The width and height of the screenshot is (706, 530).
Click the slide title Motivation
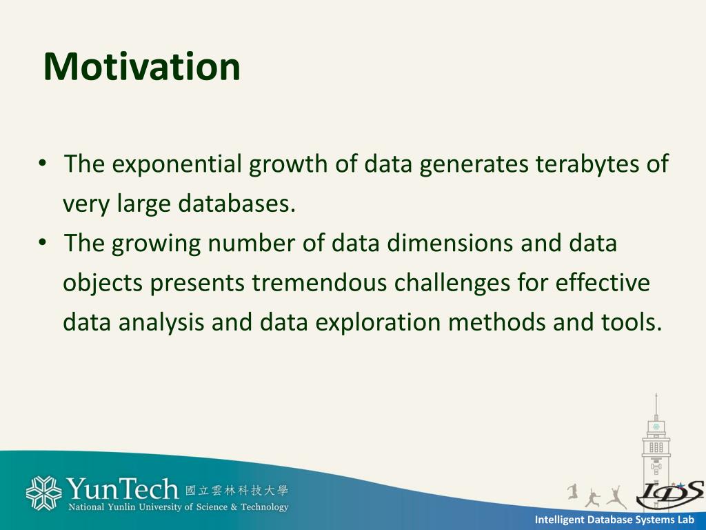click(x=142, y=67)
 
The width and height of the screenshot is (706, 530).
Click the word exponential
click(x=176, y=164)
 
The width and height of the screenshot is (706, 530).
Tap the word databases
click(x=237, y=204)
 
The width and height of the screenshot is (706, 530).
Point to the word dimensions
click(x=450, y=243)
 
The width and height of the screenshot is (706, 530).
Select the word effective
click(x=603, y=282)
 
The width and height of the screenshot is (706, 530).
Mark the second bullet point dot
click(x=43, y=242)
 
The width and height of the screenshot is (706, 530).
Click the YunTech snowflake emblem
click(x=43, y=493)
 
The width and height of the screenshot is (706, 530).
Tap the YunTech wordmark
click(x=122, y=489)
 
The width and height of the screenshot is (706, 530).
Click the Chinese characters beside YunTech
click(x=236, y=491)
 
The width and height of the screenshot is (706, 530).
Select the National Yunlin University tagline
click(x=179, y=507)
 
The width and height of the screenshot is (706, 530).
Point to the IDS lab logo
click(x=670, y=494)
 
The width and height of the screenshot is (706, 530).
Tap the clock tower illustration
click(x=656, y=444)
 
